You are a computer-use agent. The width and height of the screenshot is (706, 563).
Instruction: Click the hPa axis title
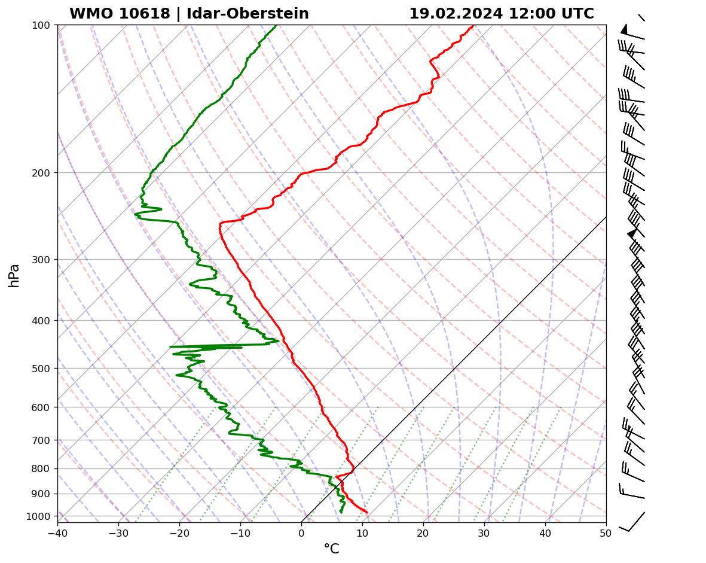point(14,275)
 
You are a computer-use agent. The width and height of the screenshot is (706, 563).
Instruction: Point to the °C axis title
point(331,549)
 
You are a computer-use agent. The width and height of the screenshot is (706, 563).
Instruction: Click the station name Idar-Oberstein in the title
point(247,14)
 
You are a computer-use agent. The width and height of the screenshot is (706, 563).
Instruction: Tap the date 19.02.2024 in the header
point(456,14)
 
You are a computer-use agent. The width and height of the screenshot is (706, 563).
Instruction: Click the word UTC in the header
point(577,14)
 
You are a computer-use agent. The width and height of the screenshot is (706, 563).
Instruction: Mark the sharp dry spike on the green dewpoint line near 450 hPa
point(171,346)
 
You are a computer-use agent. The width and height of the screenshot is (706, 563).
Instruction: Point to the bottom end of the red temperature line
point(366,512)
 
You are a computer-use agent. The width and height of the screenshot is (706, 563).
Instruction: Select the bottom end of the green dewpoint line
point(341,512)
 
